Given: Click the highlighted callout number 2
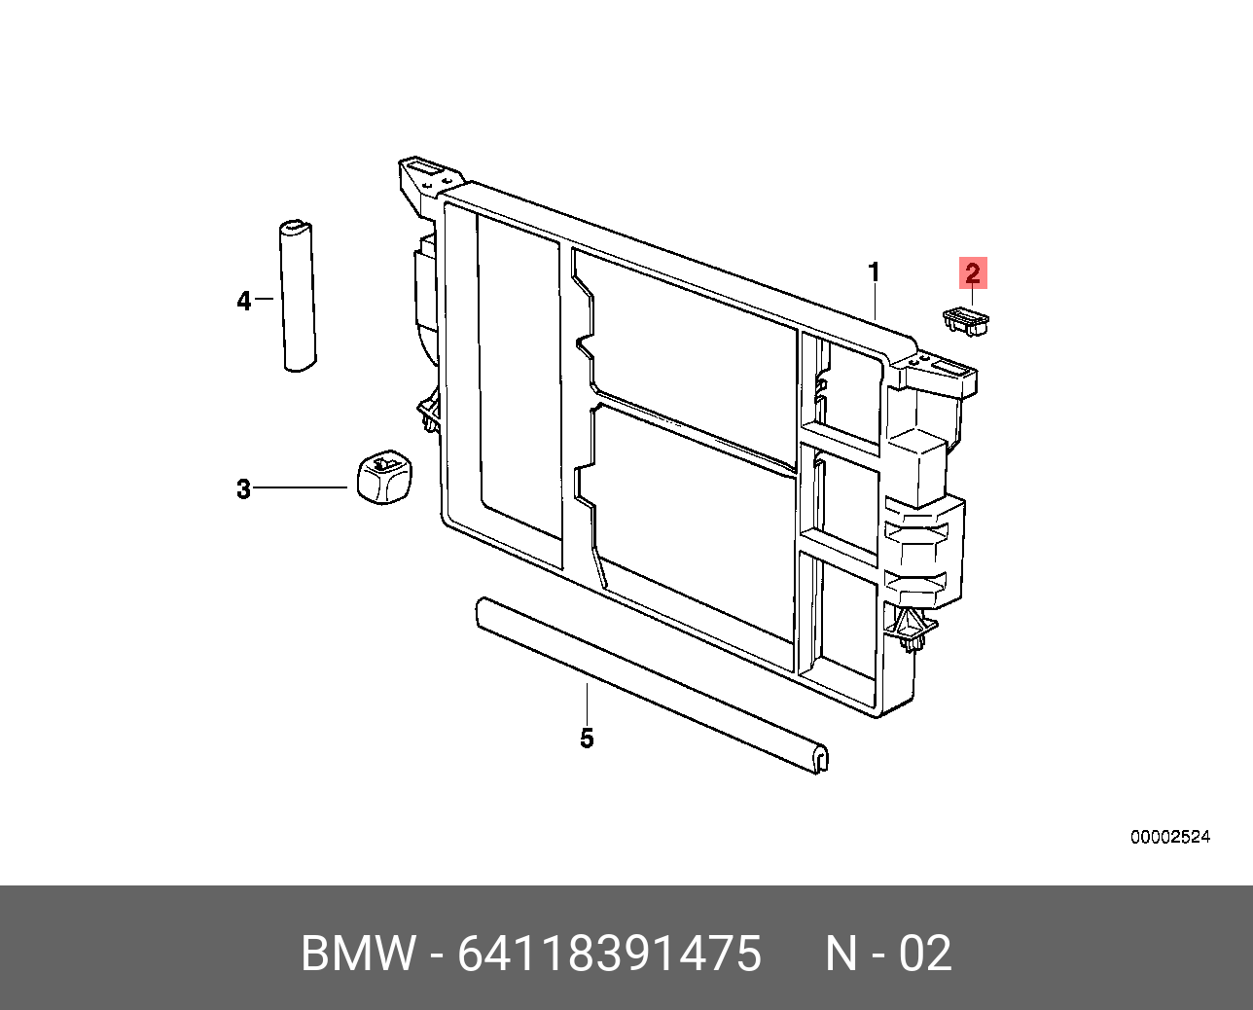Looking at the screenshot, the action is click(x=973, y=273).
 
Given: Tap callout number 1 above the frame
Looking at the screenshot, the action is click(x=874, y=272).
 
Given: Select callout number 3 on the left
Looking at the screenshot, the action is click(x=243, y=488).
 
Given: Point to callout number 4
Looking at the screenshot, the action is click(x=243, y=301).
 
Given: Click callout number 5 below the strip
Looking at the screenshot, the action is click(x=587, y=739).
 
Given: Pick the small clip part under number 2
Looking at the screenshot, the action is click(x=965, y=321).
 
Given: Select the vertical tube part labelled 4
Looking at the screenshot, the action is click(x=298, y=296).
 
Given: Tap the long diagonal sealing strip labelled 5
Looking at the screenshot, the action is click(x=642, y=681).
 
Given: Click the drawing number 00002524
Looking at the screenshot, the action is click(x=1169, y=837).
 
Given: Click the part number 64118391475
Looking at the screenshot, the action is click(x=609, y=954).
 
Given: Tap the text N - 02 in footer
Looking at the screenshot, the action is click(x=888, y=954).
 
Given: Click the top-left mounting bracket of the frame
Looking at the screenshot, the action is click(x=425, y=180).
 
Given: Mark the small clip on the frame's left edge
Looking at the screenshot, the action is click(x=429, y=414).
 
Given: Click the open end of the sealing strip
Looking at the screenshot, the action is click(x=819, y=758).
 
